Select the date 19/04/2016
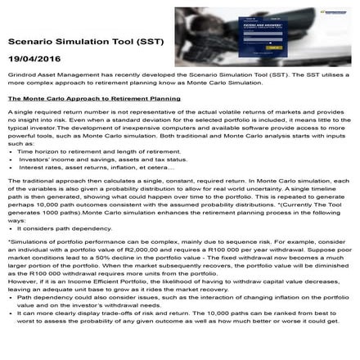(32, 60)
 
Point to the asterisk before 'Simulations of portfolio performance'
(8, 242)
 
